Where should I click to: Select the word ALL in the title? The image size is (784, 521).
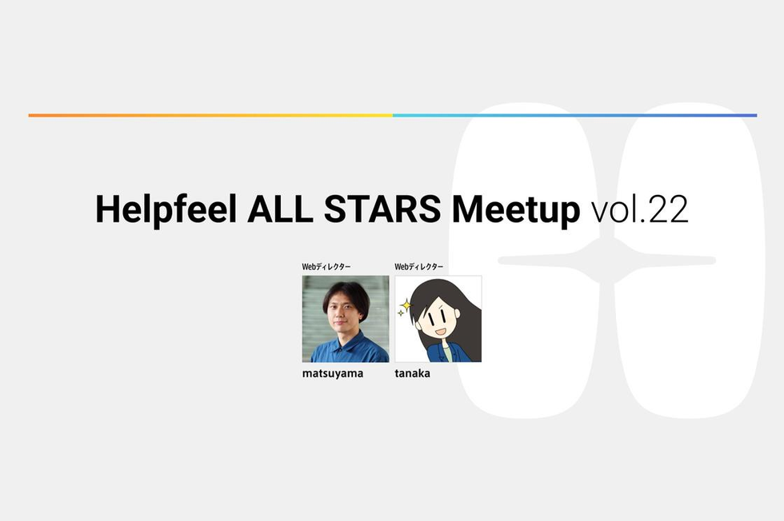coord(280,209)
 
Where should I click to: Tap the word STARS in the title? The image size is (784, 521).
coord(382,209)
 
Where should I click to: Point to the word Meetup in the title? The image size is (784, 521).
coord(516,210)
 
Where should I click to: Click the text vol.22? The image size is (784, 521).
coord(640,209)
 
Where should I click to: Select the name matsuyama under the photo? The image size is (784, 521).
coord(333,374)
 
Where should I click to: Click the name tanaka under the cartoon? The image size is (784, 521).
coord(412,373)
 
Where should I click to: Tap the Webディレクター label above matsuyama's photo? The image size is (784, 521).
coord(326,267)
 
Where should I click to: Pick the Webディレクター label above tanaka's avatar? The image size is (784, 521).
coord(418,267)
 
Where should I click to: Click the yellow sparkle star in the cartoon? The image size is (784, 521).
coord(406,304)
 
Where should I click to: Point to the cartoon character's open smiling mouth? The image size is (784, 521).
coord(440,331)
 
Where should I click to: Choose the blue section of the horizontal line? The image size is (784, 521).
coord(575,115)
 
